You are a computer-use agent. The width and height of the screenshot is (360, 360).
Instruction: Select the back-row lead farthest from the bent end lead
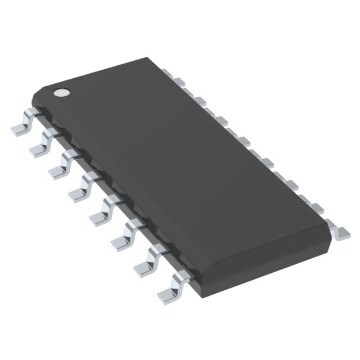[x=167, y=71]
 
